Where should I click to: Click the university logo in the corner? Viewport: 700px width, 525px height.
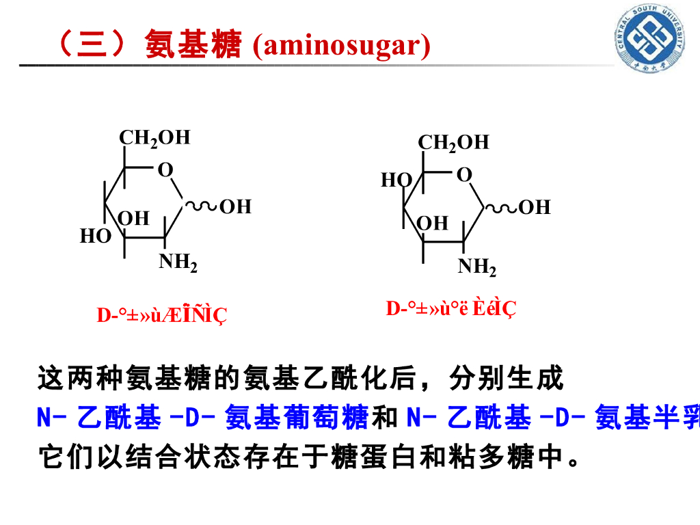point(652,42)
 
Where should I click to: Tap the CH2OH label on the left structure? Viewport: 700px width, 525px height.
point(154,137)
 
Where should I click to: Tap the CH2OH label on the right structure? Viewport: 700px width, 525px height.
point(453,142)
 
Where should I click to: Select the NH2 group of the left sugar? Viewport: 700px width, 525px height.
point(178,262)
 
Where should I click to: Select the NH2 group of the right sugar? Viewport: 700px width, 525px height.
point(476,267)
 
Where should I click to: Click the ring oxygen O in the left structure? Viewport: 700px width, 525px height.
point(165,170)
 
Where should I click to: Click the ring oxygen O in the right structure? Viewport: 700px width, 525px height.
point(464,175)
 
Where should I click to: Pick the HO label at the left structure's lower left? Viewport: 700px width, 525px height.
point(95,237)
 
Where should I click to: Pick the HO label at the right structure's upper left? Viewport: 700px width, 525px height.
point(396,180)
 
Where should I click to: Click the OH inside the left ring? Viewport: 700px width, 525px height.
point(133,218)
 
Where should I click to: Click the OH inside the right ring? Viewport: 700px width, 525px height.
point(432,223)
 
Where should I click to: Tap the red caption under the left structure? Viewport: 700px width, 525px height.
point(161,315)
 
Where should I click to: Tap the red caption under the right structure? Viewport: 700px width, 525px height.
point(451,309)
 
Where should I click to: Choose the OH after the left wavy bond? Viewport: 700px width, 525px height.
point(235,206)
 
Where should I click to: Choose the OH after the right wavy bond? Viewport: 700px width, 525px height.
point(535,207)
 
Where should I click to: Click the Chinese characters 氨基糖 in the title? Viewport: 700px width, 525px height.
point(193,46)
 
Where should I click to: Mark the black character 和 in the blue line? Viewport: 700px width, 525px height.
point(387,418)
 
